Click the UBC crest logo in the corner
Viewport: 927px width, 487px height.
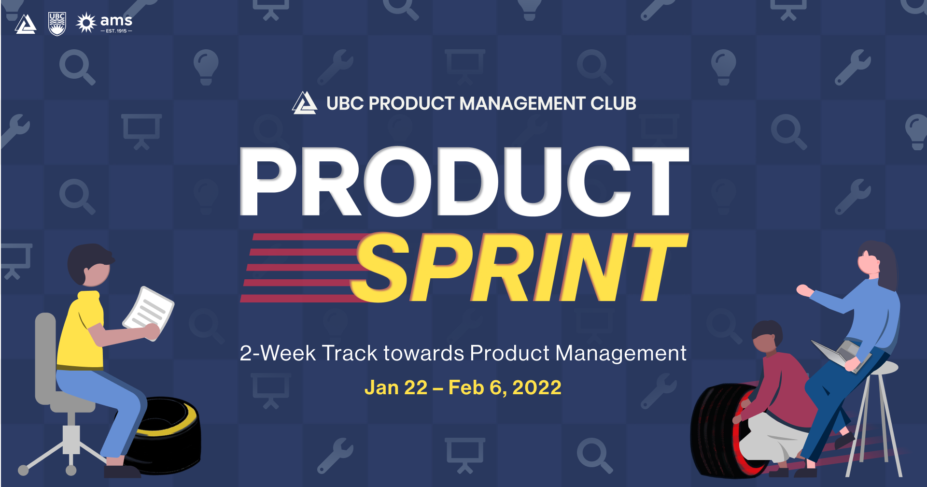click(57, 24)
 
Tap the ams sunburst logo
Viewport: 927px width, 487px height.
click(86, 23)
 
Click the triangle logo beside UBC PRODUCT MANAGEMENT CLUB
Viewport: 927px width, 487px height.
click(304, 103)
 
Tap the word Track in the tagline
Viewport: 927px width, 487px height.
click(349, 353)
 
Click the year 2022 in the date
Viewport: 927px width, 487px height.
click(536, 387)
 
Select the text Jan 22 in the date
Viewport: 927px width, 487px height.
click(396, 387)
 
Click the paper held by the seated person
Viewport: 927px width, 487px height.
click(149, 312)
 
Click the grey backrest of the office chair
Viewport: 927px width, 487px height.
click(45, 353)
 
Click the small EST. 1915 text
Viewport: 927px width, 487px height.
click(116, 31)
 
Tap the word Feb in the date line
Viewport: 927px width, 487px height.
click(466, 387)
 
